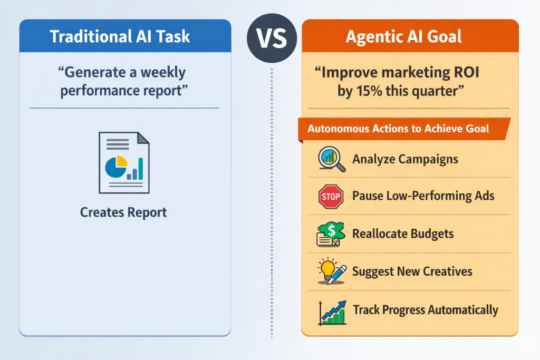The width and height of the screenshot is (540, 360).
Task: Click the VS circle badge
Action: click(x=272, y=38)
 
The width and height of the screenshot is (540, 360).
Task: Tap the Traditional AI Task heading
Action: click(x=120, y=36)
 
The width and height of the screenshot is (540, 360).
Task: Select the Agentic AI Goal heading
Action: click(x=403, y=37)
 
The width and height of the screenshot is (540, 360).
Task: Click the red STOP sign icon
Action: click(x=331, y=197)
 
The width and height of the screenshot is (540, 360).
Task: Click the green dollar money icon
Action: click(x=331, y=234)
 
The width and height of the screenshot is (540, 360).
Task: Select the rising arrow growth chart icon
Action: click(x=332, y=313)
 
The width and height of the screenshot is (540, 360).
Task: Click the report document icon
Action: click(x=124, y=162)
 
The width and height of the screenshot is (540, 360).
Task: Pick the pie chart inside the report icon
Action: click(x=116, y=167)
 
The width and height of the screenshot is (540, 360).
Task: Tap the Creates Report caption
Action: click(x=123, y=212)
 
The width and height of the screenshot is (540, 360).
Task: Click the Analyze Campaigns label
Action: click(x=405, y=159)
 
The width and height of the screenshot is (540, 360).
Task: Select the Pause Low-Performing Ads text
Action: click(x=423, y=196)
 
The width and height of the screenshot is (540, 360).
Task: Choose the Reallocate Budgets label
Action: click(x=403, y=233)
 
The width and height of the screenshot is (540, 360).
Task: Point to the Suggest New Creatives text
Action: click(x=412, y=271)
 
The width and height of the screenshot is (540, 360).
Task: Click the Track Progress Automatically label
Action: click(x=426, y=310)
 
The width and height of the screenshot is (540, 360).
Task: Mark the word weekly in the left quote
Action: click(x=163, y=73)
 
